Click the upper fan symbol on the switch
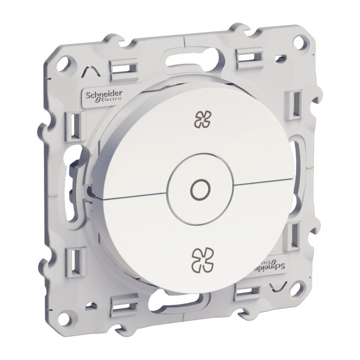click(x=202, y=119)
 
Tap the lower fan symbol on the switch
click(x=203, y=259)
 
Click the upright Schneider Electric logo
click(x=104, y=96)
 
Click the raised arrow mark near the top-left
click(x=91, y=71)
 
